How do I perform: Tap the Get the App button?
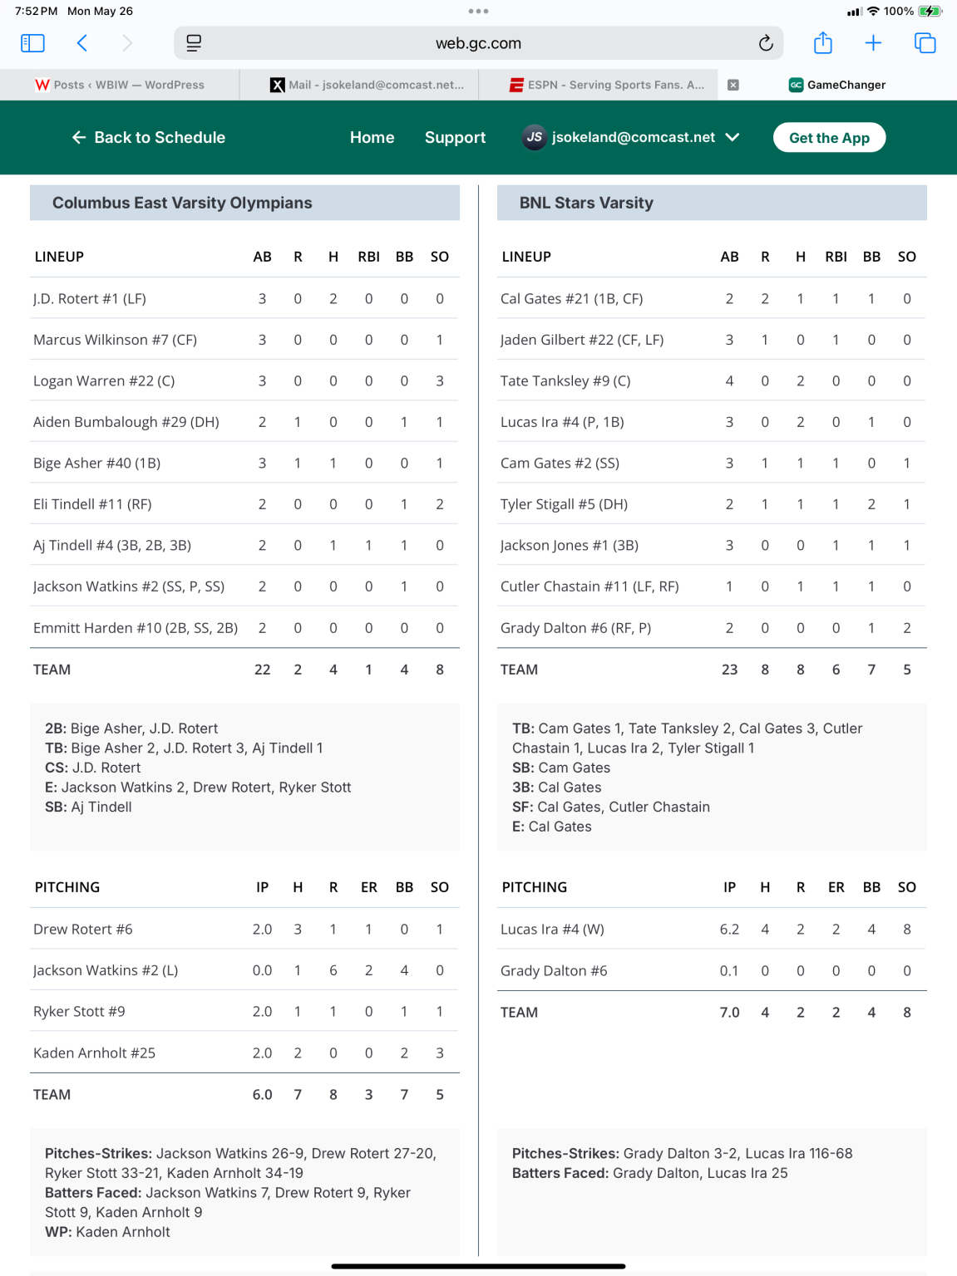pos(829,138)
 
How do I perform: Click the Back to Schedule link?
pos(149,138)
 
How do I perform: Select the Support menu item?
pos(455,138)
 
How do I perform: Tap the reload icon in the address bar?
pos(766,43)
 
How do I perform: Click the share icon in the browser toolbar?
pos(822,43)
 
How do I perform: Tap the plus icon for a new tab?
pos(873,43)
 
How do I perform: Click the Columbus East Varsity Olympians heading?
pos(182,204)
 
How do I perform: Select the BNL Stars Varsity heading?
pos(586,204)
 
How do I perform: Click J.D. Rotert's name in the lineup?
pos(90,299)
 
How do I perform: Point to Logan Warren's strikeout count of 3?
pos(440,381)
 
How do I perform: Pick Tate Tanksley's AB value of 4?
pos(729,381)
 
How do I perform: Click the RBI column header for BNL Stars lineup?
pos(836,258)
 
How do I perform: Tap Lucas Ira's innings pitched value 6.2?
pos(729,930)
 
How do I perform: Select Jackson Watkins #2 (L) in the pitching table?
pos(106,970)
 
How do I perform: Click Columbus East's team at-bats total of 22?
pos(262,670)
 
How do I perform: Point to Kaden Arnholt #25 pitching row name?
pos(94,1053)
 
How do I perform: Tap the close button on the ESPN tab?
pos(733,85)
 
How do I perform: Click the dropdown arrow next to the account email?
pos(733,138)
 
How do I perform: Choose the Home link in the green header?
pos(372,138)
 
